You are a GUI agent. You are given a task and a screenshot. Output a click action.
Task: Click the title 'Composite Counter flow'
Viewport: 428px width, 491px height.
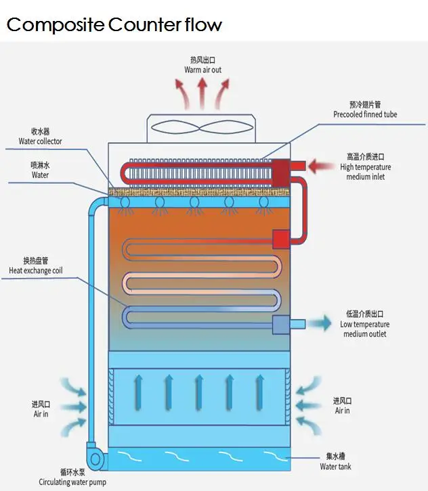(x=114, y=25)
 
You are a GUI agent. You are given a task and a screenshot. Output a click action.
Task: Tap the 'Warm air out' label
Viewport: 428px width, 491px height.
(x=202, y=70)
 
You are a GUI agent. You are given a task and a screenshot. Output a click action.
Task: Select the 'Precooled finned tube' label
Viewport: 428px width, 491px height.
(x=365, y=115)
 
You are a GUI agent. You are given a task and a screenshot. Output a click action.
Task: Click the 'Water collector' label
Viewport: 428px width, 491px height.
(x=40, y=141)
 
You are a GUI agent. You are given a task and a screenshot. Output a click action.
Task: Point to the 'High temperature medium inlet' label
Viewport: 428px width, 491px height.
(x=365, y=172)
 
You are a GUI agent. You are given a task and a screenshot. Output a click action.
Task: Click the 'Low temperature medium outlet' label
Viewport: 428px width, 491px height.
(x=365, y=329)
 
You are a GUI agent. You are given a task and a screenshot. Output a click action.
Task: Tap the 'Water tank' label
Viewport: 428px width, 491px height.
(x=335, y=467)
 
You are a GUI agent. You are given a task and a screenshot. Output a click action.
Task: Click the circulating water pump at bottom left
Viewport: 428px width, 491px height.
(x=96, y=458)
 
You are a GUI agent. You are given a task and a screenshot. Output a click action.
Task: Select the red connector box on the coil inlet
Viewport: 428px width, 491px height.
(x=280, y=239)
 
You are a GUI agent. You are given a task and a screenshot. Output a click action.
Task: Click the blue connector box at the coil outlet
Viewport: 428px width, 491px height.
(x=280, y=325)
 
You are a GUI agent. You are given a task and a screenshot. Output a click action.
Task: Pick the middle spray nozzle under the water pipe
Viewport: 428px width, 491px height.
(x=194, y=204)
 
